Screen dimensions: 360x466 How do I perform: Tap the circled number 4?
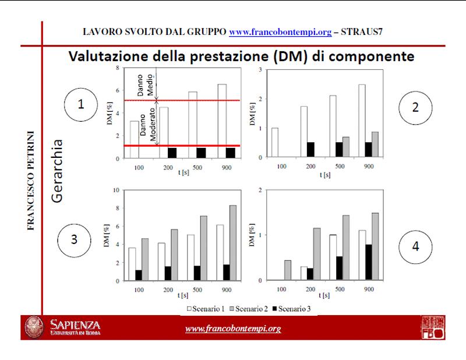[x=415, y=245]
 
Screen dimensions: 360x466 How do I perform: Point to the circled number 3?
[x=73, y=239]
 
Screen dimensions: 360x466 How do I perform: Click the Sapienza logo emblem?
[x=34, y=327]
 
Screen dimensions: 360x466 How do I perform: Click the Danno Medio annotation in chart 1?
[x=143, y=86]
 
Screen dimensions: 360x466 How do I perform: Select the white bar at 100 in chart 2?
[x=275, y=142]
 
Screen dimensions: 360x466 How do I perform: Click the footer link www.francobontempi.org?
[x=233, y=329]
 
